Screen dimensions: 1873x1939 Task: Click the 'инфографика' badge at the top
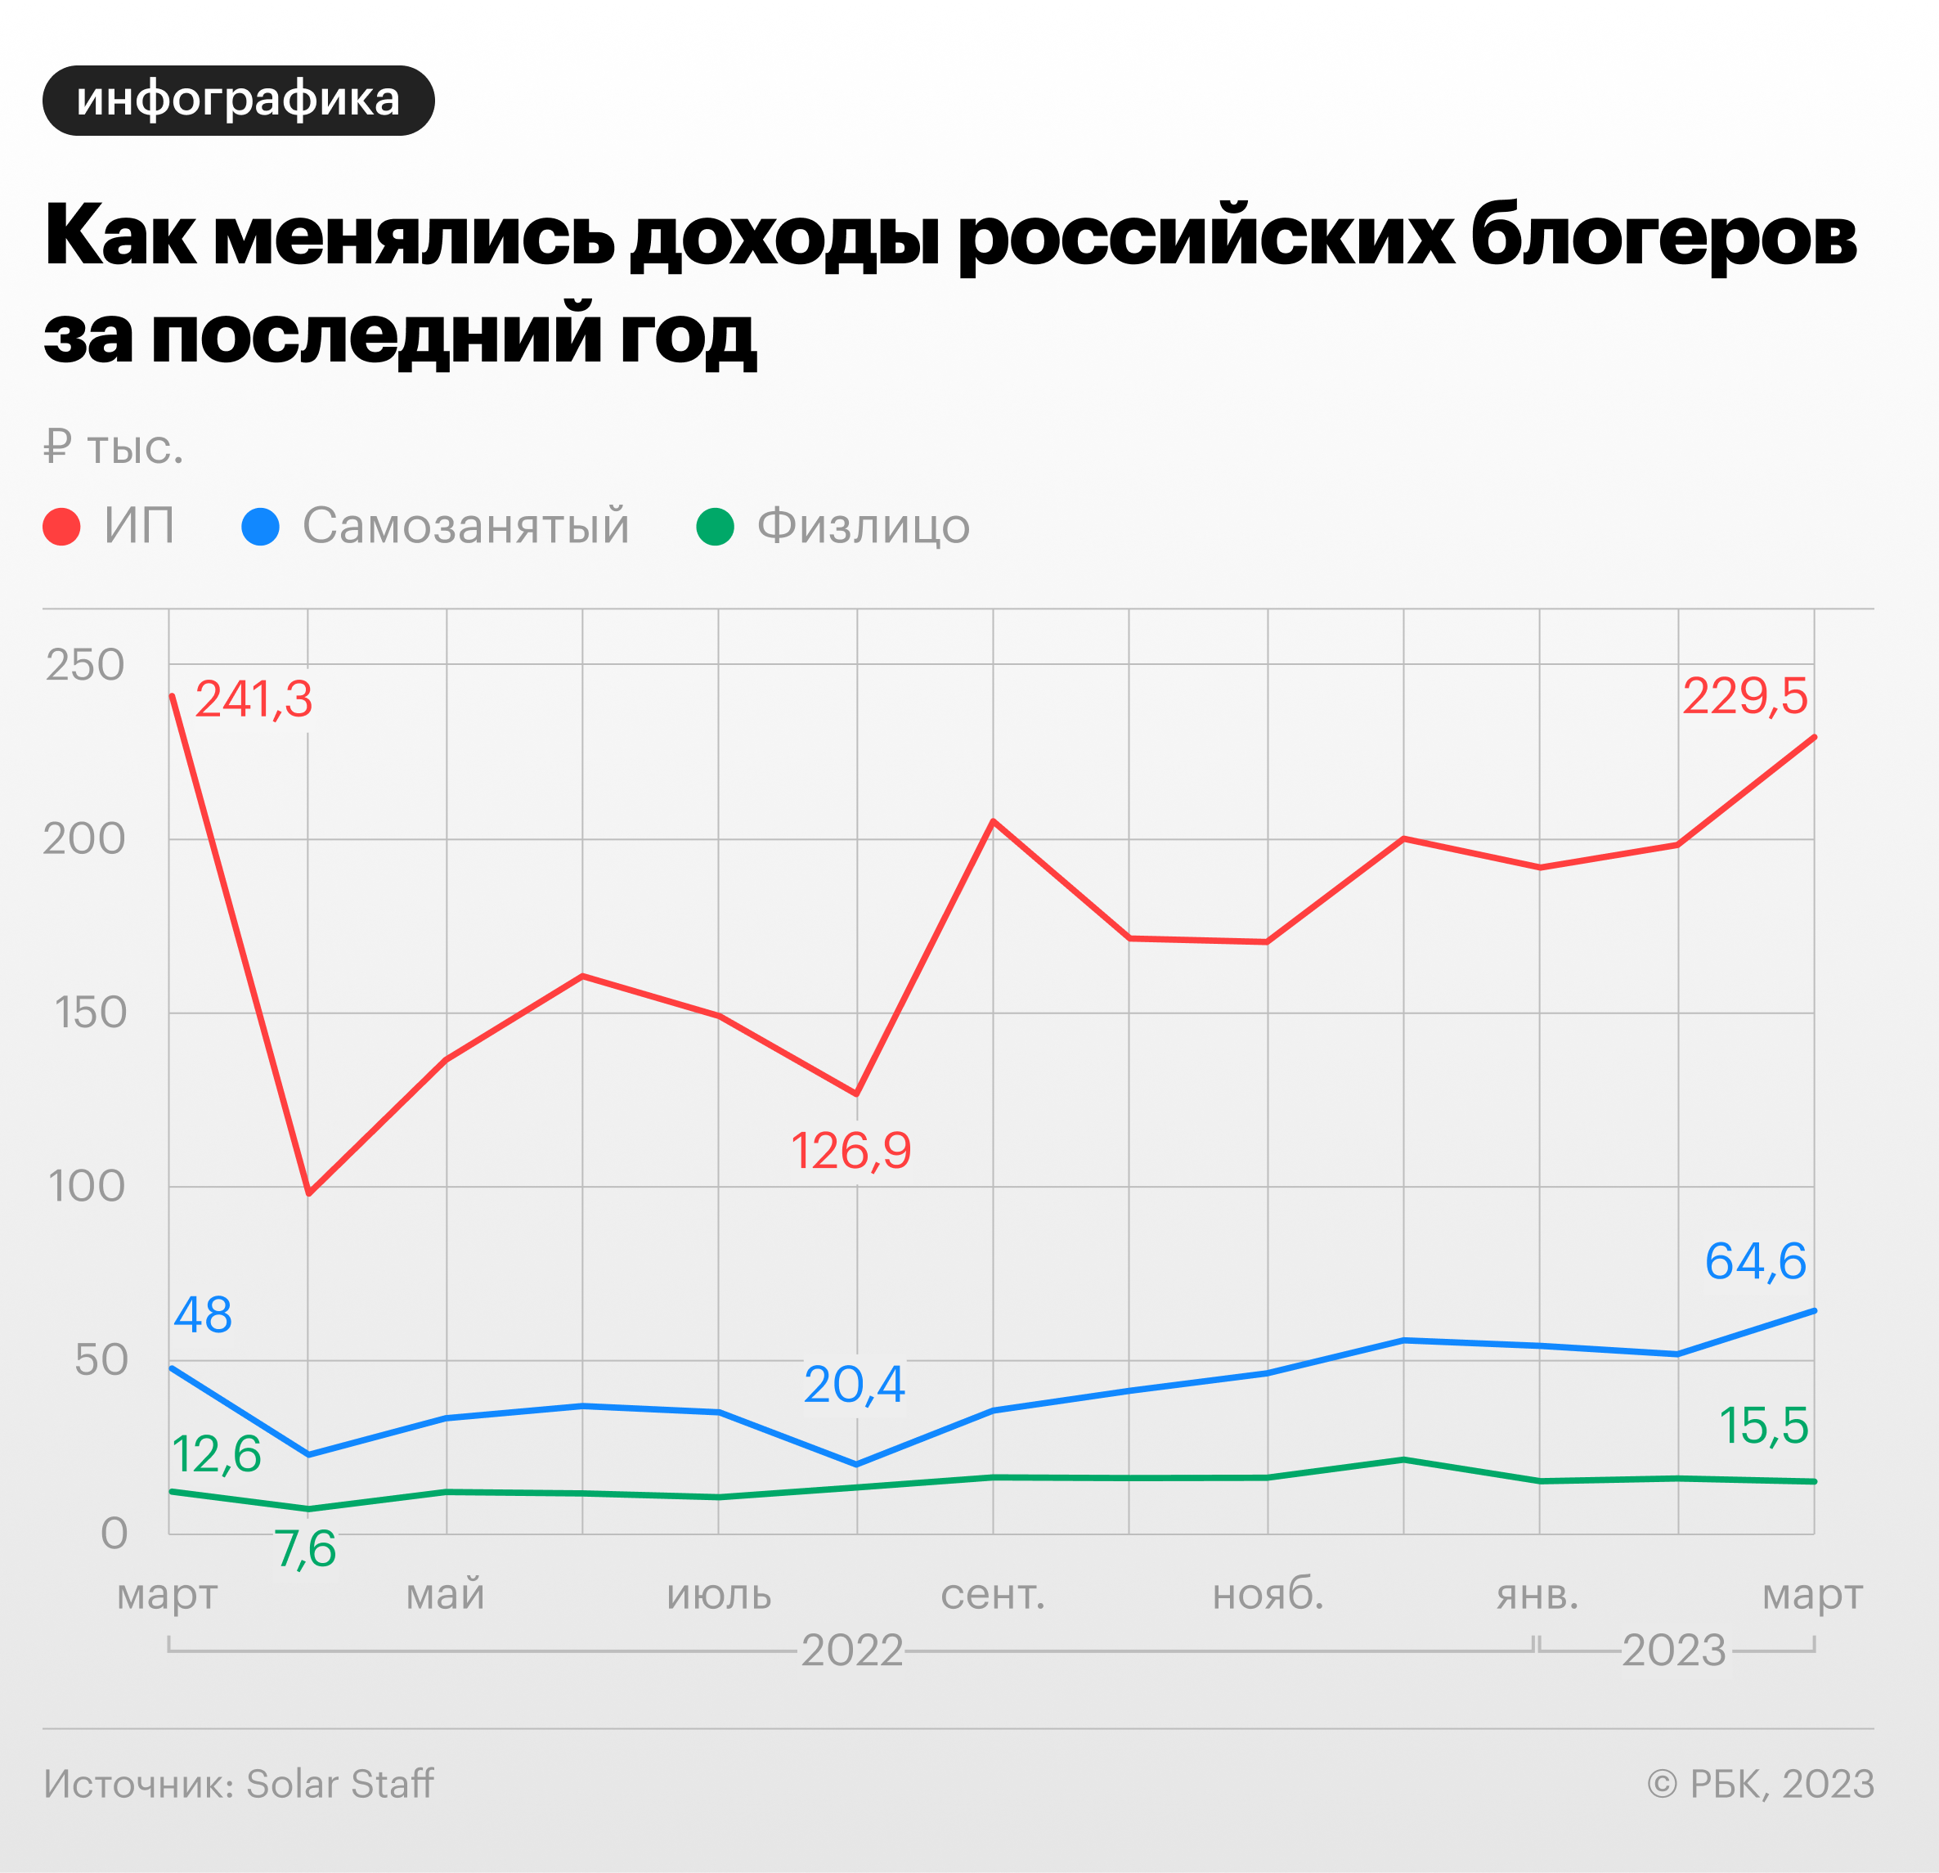coord(239,101)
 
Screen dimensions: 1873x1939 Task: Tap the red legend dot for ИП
coord(61,527)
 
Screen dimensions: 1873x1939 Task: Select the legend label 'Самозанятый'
coord(465,527)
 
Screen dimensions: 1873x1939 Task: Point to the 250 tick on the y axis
coord(85,666)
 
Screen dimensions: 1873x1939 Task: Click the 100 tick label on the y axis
coord(87,1186)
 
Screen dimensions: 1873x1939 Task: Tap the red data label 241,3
coord(254,700)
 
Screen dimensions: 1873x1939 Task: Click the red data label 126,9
coord(851,1152)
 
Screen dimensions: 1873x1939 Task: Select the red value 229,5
coord(1745,698)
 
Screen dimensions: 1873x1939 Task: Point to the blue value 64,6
coord(1755,1261)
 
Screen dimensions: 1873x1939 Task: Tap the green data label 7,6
coord(306,1549)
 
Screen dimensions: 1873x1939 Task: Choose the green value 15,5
coord(1764,1426)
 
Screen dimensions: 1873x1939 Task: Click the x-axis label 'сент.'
coord(992,1595)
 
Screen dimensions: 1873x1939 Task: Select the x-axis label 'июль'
coord(719,1595)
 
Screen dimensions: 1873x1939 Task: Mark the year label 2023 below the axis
coord(1674,1651)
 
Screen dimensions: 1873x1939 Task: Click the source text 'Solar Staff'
coord(339,1784)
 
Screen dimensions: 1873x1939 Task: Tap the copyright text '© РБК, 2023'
coord(1760,1784)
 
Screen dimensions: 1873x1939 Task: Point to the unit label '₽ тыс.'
coord(114,448)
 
